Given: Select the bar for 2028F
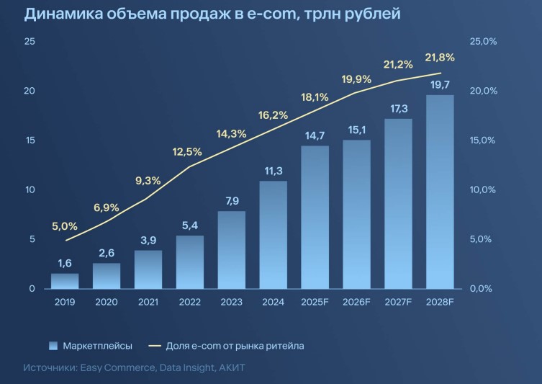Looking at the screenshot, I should (x=441, y=192).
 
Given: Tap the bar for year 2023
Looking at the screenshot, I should (x=232, y=250).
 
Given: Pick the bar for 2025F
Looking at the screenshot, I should (x=315, y=217).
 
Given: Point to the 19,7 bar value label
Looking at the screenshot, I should (x=441, y=84).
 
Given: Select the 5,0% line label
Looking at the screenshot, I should (x=65, y=226).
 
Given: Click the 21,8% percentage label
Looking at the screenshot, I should (x=440, y=57).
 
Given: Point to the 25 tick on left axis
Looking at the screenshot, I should (x=30, y=41).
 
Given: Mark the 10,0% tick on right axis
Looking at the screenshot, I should (x=483, y=190).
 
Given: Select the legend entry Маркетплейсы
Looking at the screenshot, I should (x=97, y=346).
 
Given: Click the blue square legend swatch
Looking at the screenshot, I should (x=53, y=346).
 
